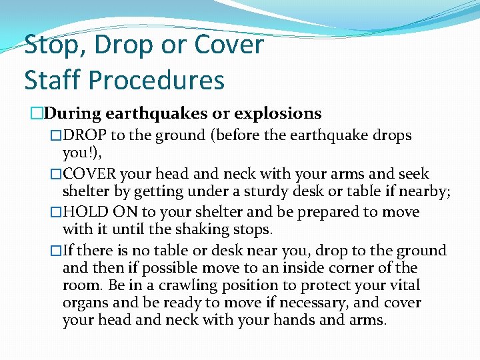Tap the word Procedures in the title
tap(156, 80)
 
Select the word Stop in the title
tap(52, 45)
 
